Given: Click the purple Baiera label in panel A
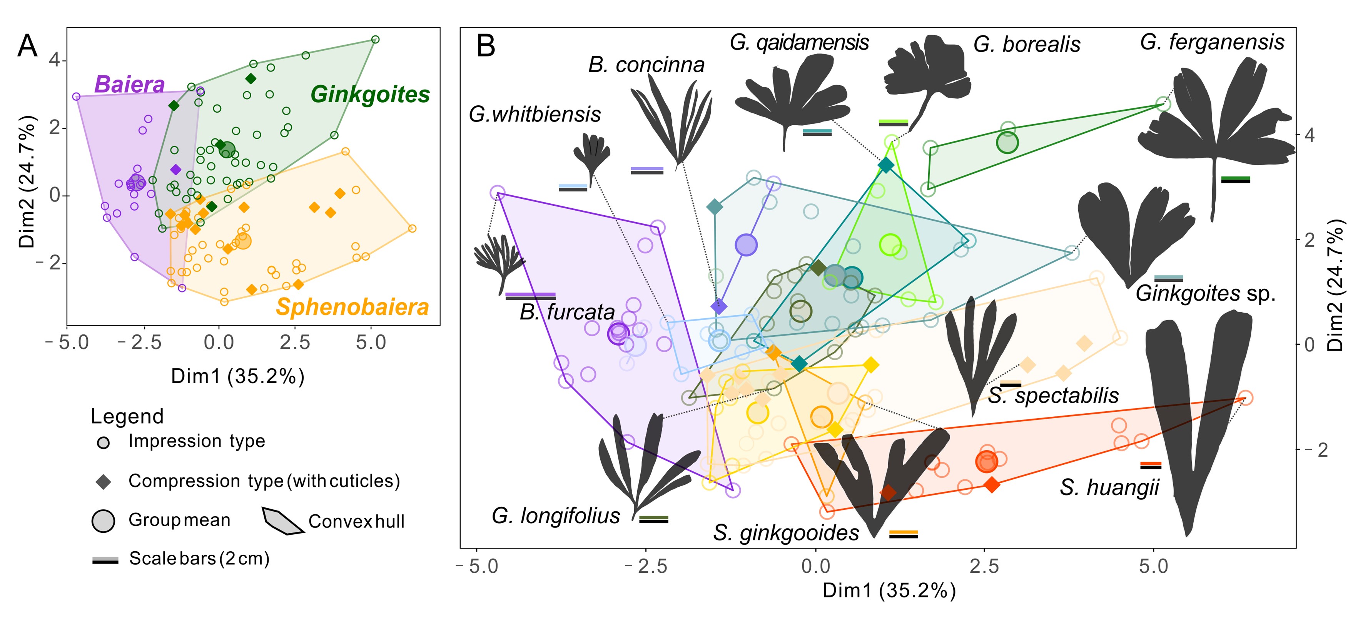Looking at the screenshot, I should tap(129, 85).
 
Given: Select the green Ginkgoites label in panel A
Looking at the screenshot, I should tap(370, 95).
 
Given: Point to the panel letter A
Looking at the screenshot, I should tap(28, 46).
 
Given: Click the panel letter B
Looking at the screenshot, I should tap(486, 46).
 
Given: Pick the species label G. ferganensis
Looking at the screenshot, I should tap(1212, 42).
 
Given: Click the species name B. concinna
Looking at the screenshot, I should tap(646, 65).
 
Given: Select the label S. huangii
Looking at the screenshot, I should tap(1109, 487).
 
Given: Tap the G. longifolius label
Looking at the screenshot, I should tap(556, 516).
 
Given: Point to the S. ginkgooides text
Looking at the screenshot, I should tap(786, 532).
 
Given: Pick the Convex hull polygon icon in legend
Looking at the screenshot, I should tap(283, 521).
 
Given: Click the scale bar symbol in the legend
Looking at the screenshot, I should tap(105, 560).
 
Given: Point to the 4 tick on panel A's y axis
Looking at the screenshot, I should tap(55, 60).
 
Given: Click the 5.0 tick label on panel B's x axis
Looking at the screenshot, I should tap(1154, 567).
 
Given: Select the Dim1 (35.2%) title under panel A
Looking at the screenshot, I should tap(237, 376).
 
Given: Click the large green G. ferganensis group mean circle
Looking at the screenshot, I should tap(1007, 142).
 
